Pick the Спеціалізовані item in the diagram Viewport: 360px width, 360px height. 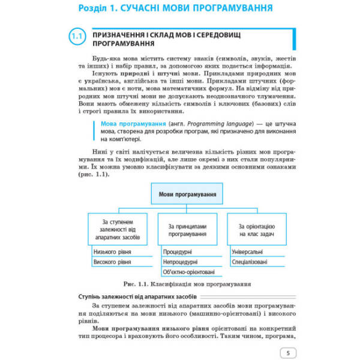(250, 263)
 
